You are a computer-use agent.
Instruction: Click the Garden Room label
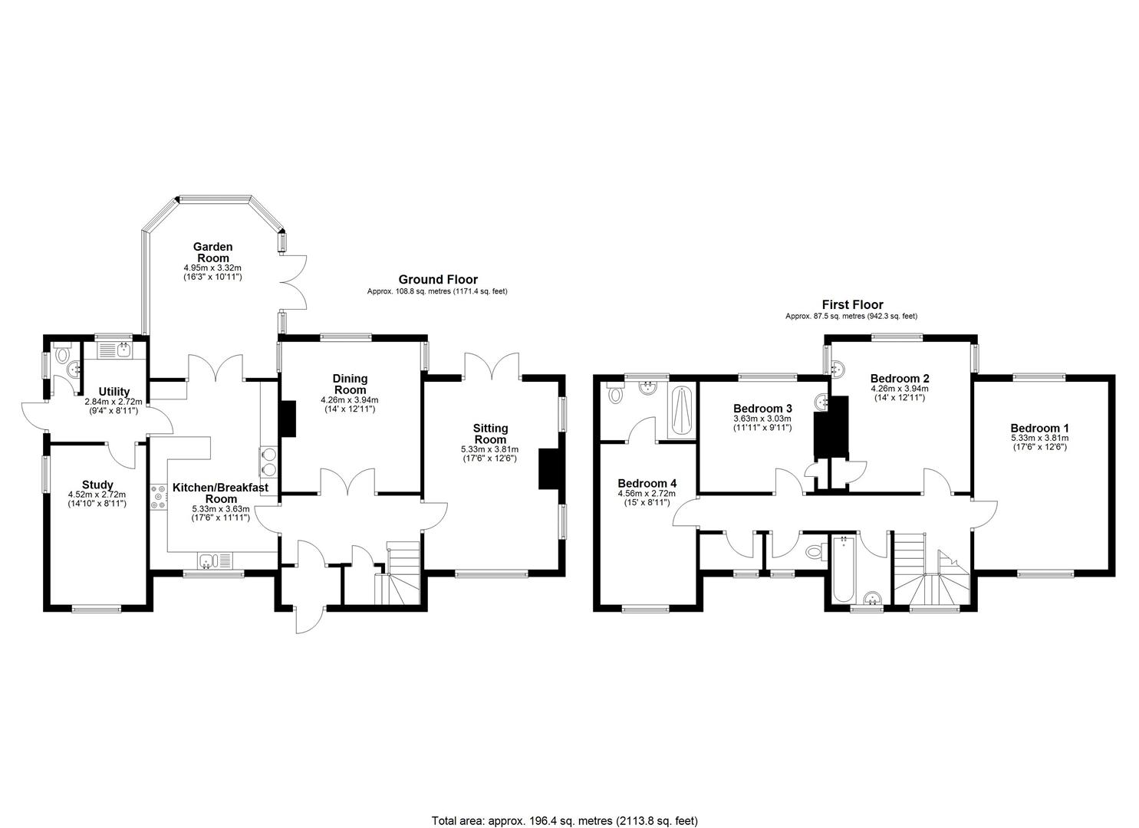[212, 252]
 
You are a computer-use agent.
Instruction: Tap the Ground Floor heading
[437, 280]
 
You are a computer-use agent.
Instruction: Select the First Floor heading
[852, 304]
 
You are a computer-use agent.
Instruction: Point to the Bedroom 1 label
[1039, 429]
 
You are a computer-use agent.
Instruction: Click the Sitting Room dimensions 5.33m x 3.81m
[490, 449]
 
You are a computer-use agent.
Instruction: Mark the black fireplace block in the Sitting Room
[550, 468]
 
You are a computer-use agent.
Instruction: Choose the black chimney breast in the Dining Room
[288, 419]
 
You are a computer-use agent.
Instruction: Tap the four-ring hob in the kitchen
[159, 497]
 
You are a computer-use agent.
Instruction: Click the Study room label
[97, 485]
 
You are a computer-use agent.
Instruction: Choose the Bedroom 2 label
[900, 378]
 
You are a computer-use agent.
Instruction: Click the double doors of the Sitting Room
[492, 366]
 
